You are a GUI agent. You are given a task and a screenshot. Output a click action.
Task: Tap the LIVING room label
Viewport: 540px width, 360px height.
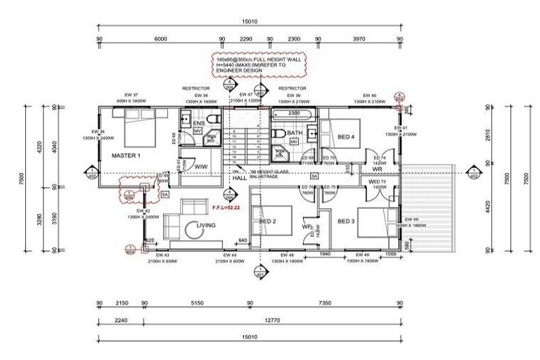tap(206, 225)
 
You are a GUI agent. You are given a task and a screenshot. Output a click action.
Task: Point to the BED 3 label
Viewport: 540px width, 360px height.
tap(345, 221)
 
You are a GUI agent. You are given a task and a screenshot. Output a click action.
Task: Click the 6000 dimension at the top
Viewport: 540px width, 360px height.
tap(160, 39)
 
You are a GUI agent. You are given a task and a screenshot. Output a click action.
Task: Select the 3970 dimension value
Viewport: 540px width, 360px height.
tap(359, 39)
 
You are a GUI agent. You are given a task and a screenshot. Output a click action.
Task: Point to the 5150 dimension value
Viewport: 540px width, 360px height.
tap(197, 304)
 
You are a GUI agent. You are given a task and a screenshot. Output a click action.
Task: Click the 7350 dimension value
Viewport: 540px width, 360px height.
tap(325, 304)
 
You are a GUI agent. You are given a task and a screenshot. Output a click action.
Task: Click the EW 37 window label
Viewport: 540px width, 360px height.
tap(131, 95)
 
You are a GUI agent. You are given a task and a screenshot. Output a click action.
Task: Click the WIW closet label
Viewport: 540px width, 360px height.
tap(201, 167)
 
